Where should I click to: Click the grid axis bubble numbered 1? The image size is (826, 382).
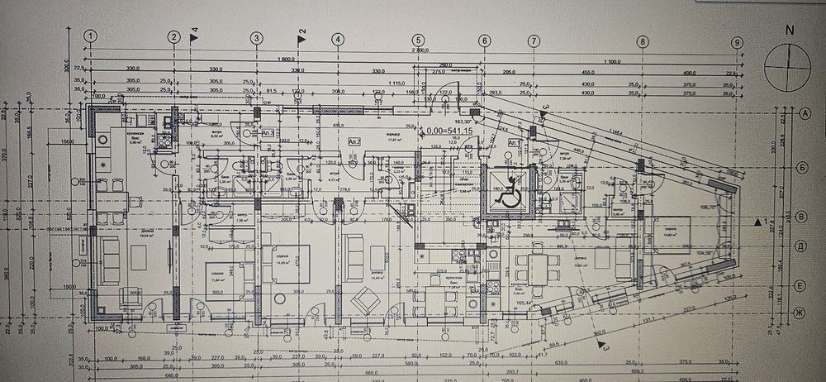point(92,36)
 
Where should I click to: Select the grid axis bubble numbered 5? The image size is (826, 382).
point(418,39)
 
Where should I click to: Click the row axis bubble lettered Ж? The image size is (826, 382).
point(800,312)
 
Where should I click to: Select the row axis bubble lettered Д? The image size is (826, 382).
point(800,246)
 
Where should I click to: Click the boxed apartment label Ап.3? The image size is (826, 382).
point(268,131)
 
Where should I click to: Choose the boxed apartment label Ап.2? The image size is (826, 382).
point(356,142)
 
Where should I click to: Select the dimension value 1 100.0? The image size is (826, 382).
point(611,61)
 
